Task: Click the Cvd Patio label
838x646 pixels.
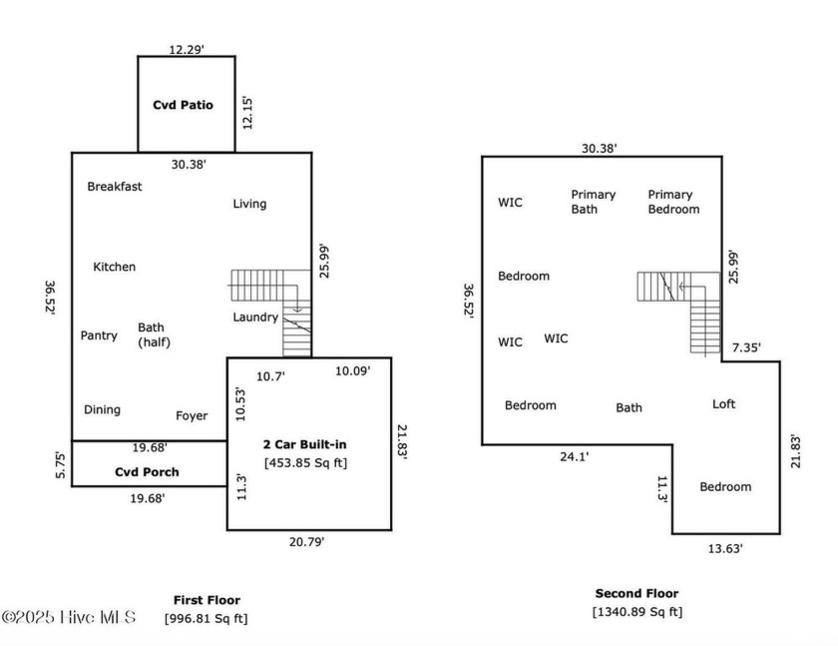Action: coord(183,105)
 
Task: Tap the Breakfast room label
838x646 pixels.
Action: coord(115,187)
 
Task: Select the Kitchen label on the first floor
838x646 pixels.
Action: coord(115,267)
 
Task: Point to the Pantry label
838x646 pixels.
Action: coord(99,335)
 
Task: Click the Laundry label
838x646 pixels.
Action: coord(255,318)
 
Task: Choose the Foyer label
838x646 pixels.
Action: coord(192,416)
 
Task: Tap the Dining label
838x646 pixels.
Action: coord(102,410)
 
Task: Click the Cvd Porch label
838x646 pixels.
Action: coord(147,472)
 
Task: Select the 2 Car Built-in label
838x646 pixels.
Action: coord(304,444)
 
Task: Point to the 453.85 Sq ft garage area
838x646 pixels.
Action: coord(305,463)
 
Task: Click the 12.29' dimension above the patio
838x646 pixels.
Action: coord(187,50)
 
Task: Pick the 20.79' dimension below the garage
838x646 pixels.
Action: coord(307,542)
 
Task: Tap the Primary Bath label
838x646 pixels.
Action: coord(594,202)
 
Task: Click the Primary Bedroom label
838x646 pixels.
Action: coord(674,202)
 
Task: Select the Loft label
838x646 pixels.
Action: coord(723,404)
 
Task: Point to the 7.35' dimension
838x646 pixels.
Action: coord(746,348)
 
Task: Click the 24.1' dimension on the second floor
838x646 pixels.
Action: coord(575,456)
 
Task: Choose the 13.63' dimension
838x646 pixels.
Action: coord(725,549)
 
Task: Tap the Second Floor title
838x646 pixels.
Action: coord(637,594)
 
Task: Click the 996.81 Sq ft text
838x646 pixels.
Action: coord(206,619)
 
